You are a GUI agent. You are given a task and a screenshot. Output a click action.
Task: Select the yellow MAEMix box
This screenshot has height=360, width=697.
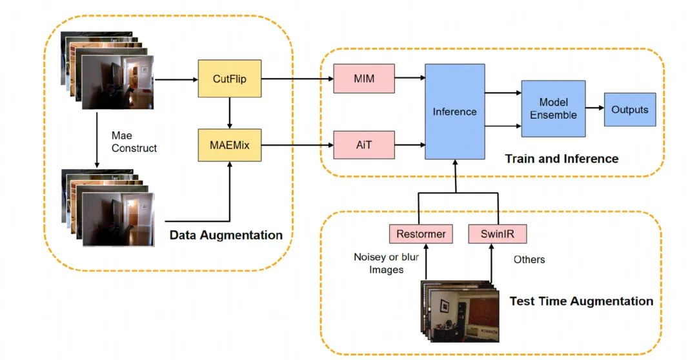tap(230, 145)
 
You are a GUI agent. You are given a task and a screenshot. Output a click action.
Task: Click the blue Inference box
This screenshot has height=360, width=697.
tap(454, 112)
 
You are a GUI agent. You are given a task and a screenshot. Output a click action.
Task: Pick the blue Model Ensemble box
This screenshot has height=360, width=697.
tap(553, 108)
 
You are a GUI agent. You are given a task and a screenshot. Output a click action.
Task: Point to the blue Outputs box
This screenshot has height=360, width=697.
tap(629, 110)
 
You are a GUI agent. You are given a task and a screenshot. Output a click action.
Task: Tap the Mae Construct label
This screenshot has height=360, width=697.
tap(134, 142)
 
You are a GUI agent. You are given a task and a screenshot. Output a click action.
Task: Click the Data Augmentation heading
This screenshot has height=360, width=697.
tap(226, 235)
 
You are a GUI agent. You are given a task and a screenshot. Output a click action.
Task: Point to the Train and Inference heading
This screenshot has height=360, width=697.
tap(561, 159)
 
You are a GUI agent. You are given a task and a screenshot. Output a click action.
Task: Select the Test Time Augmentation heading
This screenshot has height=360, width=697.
tap(581, 301)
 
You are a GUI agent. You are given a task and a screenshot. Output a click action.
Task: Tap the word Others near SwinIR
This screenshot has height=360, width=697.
tap(529, 259)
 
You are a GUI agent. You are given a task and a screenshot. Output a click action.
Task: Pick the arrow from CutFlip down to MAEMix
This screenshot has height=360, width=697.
tap(230, 113)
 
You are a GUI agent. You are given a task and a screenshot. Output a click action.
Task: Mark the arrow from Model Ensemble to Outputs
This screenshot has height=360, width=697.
tap(594, 110)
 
